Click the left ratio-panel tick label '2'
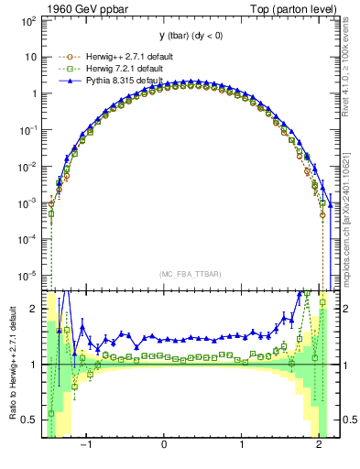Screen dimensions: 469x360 33,310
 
